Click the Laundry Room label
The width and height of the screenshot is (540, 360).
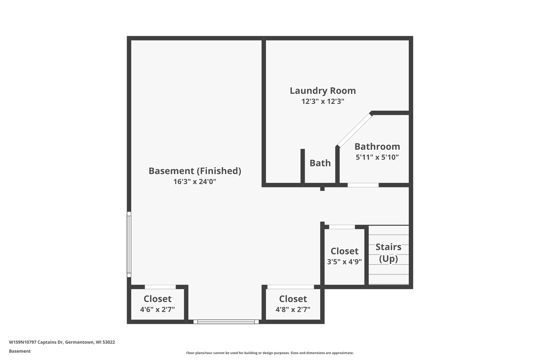[323, 91]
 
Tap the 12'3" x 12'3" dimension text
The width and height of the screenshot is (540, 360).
[323, 101]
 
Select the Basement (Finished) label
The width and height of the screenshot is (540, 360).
[195, 171]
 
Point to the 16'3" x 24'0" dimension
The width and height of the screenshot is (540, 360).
[195, 181]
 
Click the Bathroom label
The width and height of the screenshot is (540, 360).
[377, 146]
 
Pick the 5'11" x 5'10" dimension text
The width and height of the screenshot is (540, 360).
[377, 157]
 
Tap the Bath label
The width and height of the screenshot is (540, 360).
[320, 163]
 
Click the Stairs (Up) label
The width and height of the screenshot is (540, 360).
[389, 253]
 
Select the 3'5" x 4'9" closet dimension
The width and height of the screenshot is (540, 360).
[344, 262]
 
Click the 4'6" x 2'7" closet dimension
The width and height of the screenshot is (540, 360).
[157, 309]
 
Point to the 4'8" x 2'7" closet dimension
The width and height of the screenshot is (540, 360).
[293, 309]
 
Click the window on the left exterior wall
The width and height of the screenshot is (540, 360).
[129, 244]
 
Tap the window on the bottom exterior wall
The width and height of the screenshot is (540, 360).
[226, 322]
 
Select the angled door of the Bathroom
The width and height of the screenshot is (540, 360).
[355, 130]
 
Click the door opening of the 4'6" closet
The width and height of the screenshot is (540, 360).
[160, 287]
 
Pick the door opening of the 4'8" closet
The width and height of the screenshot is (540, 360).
[291, 287]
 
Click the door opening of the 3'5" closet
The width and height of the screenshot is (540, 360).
[342, 227]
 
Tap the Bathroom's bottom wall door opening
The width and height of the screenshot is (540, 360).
[363, 185]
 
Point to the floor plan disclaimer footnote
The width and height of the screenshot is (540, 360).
[270, 353]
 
